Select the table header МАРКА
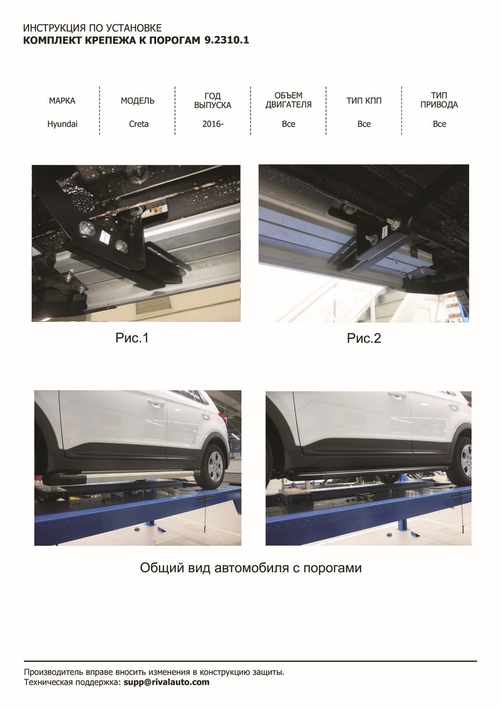(x=62, y=101)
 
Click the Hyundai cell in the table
(x=63, y=124)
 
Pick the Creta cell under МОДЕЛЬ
(x=139, y=124)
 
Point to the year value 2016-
(x=213, y=124)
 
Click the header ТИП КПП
(x=364, y=101)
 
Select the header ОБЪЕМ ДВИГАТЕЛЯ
(x=288, y=100)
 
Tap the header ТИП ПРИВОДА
(x=440, y=100)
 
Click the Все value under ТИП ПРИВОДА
(x=440, y=124)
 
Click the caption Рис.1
(x=132, y=338)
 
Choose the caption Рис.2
(x=364, y=339)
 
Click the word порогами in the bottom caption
(x=332, y=568)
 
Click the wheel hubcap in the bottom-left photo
(x=217, y=466)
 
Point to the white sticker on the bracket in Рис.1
(x=105, y=236)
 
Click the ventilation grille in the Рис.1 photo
(x=154, y=307)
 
